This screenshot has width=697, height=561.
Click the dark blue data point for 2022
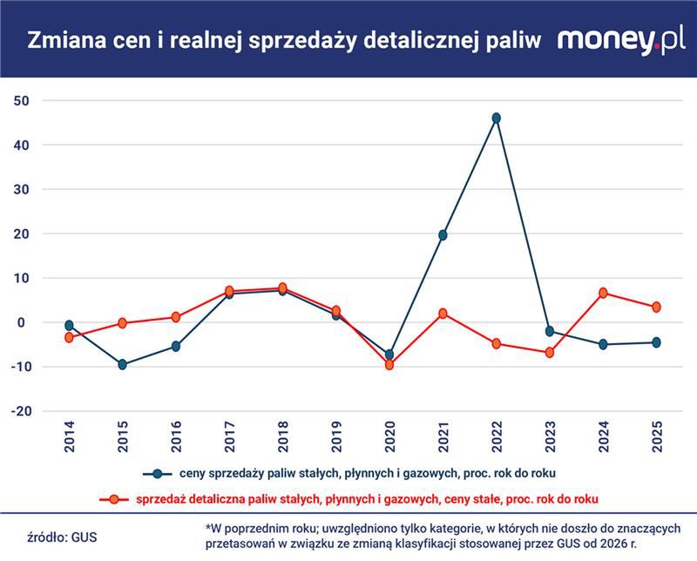pyautogui.click(x=497, y=118)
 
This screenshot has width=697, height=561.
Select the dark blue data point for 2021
pyautogui.click(x=443, y=235)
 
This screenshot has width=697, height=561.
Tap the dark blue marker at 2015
pyautogui.click(x=122, y=364)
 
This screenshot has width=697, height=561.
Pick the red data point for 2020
pyautogui.click(x=389, y=365)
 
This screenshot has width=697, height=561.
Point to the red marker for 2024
pyautogui.click(x=603, y=293)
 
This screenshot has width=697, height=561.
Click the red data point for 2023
pyautogui.click(x=550, y=353)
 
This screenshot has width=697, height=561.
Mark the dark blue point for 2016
pyautogui.click(x=176, y=346)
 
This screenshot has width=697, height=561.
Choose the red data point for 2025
pyautogui.click(x=656, y=307)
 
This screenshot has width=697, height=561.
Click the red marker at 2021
pyautogui.click(x=443, y=314)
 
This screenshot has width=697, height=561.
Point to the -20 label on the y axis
pyautogui.click(x=20, y=411)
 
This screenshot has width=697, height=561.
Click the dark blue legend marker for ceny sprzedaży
pyautogui.click(x=157, y=474)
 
